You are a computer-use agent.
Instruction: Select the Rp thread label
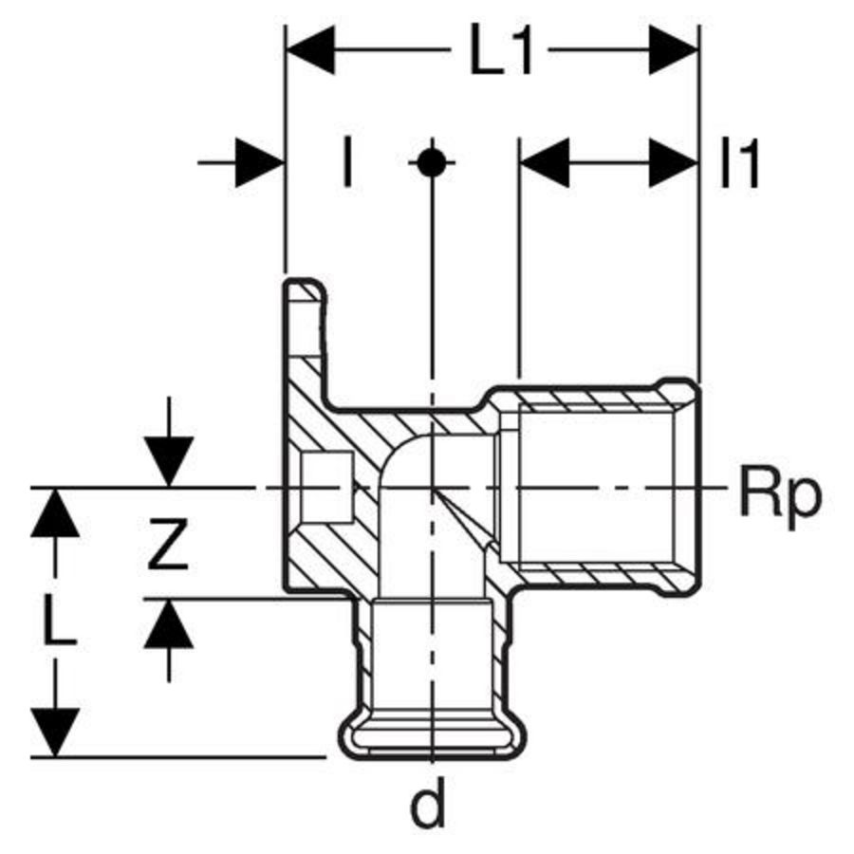coord(778,495)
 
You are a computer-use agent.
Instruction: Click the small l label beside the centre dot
coord(347,163)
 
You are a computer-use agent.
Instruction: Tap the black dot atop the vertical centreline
coord(431,163)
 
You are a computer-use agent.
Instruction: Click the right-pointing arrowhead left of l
coord(258,163)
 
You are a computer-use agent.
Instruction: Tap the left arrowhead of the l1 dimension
coord(546,163)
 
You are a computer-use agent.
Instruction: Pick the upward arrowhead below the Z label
coord(169,624)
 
